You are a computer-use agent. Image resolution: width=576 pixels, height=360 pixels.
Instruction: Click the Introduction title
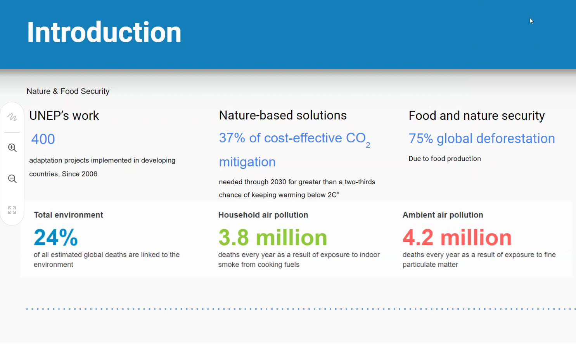tap(104, 33)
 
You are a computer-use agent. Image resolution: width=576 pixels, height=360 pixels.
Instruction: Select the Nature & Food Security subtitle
tap(68, 91)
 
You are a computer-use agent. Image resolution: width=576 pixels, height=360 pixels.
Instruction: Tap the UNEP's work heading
tap(64, 116)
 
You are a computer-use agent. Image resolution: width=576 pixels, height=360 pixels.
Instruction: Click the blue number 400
tap(43, 139)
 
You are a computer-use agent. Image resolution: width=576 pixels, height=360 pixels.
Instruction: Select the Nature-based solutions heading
tap(283, 115)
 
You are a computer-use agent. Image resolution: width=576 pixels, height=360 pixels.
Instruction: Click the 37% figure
tap(232, 138)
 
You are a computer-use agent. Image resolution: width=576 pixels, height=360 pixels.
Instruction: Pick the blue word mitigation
tap(247, 162)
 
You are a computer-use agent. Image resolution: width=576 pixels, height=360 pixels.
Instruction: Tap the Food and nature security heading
tap(476, 116)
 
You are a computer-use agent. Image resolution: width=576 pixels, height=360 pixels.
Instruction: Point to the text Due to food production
tap(445, 159)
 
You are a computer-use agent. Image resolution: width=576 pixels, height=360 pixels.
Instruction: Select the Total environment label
tap(68, 215)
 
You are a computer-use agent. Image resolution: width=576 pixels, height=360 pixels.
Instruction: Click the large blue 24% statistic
tap(55, 237)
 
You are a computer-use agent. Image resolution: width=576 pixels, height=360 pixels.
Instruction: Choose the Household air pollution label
tap(263, 215)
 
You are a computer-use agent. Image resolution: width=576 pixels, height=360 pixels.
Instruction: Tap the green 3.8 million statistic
tap(273, 237)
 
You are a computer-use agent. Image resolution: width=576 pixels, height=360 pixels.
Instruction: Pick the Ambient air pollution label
tap(443, 215)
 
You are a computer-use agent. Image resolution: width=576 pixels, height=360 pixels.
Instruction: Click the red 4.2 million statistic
tap(457, 237)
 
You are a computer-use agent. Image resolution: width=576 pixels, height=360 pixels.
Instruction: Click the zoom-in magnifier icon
tap(12, 148)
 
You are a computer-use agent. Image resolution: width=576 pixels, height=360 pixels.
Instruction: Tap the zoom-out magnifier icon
tap(12, 179)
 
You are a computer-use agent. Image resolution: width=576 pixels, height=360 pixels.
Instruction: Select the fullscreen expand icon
tap(12, 210)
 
